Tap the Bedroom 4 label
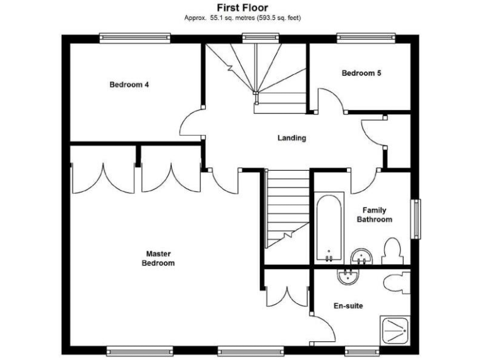click(x=129, y=85)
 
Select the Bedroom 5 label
click(x=361, y=73)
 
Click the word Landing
click(x=292, y=138)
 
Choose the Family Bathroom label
click(x=374, y=215)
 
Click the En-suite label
click(x=347, y=306)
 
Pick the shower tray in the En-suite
click(x=395, y=331)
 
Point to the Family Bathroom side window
click(x=414, y=218)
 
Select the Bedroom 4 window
click(x=135, y=38)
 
